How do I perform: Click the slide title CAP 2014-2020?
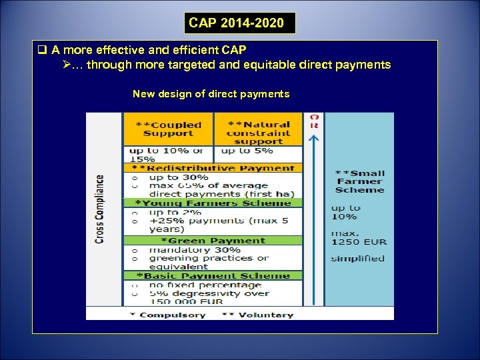(x=240, y=23)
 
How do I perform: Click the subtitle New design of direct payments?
(x=211, y=94)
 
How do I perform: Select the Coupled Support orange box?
(x=168, y=129)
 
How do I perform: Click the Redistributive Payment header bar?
(x=213, y=169)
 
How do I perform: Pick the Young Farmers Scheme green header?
(x=213, y=203)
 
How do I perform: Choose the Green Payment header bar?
(x=213, y=241)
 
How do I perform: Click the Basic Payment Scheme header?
(x=213, y=276)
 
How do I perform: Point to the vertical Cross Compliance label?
(x=100, y=209)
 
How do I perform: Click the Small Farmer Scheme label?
(x=360, y=181)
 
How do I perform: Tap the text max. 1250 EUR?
(x=359, y=237)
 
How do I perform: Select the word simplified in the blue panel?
(x=358, y=259)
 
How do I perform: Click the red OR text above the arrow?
(x=315, y=121)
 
